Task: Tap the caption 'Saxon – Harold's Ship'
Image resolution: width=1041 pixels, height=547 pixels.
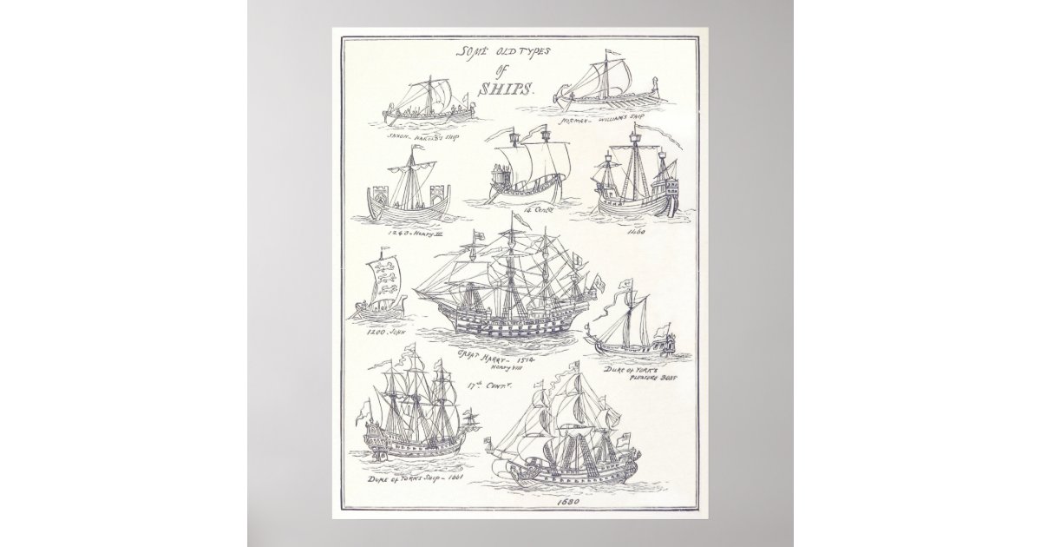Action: point(424,136)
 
